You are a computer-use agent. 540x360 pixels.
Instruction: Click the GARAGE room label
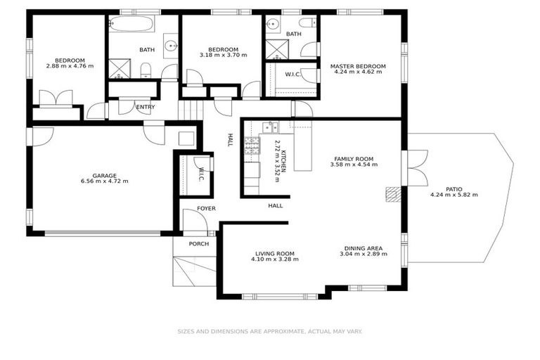pyautogui.click(x=94, y=176)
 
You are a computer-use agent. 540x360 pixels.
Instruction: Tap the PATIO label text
pyautogui.click(x=454, y=189)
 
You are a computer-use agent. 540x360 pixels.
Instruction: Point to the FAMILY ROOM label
pyautogui.click(x=354, y=159)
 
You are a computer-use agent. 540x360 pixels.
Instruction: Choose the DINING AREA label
pyautogui.click(x=363, y=248)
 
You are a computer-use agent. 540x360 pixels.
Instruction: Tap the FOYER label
pyautogui.click(x=206, y=209)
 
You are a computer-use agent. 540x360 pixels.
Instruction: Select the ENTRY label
pyautogui.click(x=146, y=107)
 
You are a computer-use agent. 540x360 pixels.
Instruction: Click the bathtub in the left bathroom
pyautogui.click(x=131, y=25)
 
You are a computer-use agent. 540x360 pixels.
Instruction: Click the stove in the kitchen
pyautogui.click(x=251, y=146)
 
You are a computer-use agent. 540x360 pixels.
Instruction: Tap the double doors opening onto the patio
pyautogui.click(x=417, y=168)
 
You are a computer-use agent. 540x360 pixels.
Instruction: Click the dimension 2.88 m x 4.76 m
pyautogui.click(x=70, y=66)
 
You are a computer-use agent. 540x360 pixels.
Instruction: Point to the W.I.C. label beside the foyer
pyautogui.click(x=201, y=174)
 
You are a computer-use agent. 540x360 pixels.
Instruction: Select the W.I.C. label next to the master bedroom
pyautogui.click(x=293, y=75)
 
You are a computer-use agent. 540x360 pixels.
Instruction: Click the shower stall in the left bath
pyautogui.click(x=119, y=68)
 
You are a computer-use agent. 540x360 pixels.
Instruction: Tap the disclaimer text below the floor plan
pyautogui.click(x=269, y=330)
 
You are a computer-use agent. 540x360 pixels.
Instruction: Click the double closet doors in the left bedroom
pyautogui.click(x=56, y=98)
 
